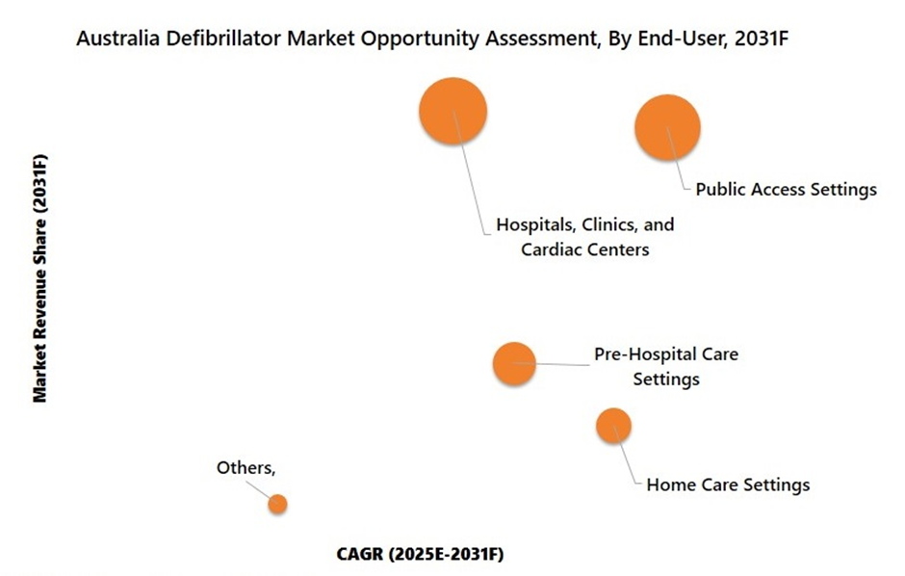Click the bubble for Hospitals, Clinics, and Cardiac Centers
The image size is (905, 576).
coord(452,111)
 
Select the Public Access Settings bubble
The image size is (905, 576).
coord(667,127)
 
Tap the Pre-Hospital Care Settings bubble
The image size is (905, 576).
coord(513,363)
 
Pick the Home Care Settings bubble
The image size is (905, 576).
coord(613,425)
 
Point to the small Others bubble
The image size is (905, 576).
coord(277,503)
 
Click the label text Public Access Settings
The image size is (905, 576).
coord(786,190)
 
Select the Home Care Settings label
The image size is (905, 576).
coord(728,484)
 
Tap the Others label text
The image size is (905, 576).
coord(246,468)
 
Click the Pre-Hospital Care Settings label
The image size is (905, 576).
coord(666,366)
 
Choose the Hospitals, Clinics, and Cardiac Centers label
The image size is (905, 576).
coord(584,237)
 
